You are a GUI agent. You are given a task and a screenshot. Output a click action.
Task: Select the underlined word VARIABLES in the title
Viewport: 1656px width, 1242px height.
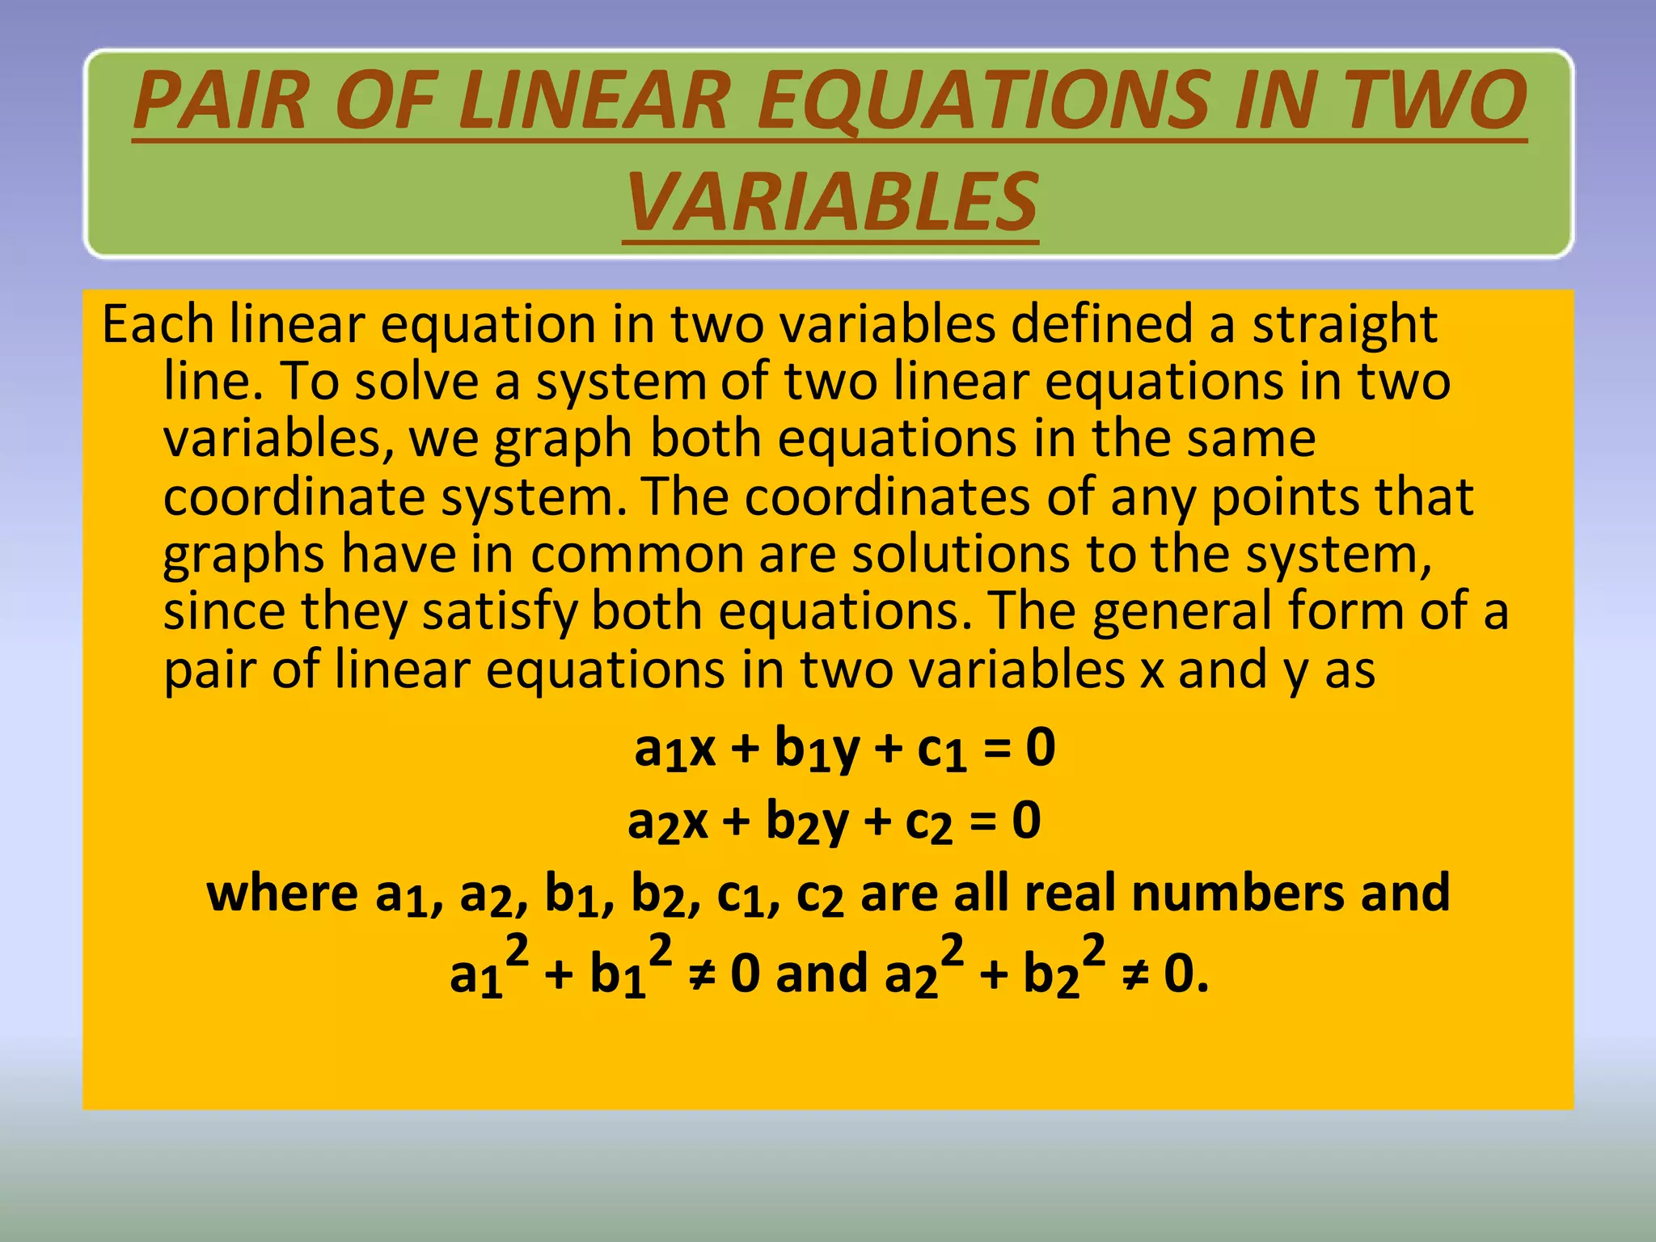830,202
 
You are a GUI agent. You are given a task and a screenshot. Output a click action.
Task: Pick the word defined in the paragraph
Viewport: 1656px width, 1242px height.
1102,324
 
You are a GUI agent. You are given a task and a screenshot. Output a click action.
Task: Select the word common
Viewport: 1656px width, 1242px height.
637,556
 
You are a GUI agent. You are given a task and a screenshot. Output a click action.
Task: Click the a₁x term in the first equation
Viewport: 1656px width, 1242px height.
675,749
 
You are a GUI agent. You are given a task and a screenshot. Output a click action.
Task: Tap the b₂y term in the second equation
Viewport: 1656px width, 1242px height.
807,823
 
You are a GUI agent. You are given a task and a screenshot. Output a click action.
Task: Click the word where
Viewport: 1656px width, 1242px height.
282,893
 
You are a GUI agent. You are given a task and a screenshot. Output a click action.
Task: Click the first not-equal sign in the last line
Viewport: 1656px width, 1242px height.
700,974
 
